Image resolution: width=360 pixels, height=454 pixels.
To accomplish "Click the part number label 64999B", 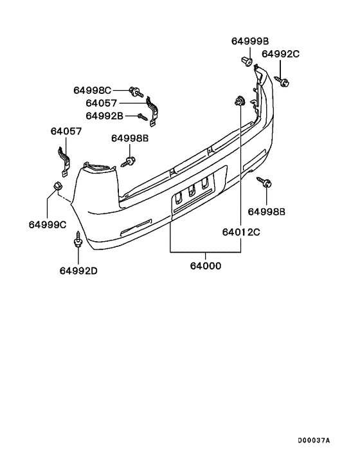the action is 250,41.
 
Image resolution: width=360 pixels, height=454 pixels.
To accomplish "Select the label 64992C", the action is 280,54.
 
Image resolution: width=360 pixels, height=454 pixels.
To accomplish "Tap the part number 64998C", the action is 92,90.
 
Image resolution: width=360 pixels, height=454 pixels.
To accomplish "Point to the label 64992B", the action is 104,116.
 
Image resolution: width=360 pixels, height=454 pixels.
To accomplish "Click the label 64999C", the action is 48,224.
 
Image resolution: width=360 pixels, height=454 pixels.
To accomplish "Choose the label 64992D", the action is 78,271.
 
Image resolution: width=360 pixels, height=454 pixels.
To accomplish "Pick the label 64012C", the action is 241,232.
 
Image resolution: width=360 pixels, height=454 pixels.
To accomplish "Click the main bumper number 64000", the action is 206,266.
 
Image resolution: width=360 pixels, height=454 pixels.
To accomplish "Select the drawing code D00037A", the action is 314,441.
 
